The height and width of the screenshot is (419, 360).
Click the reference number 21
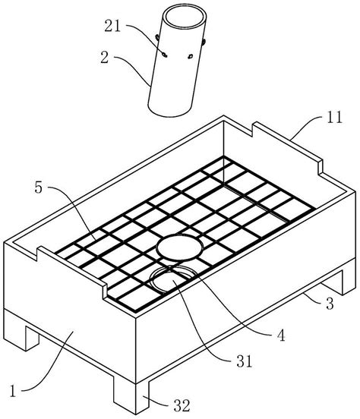point(112,26)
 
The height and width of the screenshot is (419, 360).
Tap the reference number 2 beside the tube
point(105,57)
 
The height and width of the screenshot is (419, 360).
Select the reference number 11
point(333,117)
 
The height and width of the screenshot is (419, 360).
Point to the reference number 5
point(39,187)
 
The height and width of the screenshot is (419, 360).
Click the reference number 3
point(330,304)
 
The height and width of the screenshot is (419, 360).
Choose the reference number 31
point(245,361)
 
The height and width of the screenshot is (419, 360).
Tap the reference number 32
point(182,405)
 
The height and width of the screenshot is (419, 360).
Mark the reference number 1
point(13,391)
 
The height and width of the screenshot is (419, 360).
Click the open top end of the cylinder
point(185,17)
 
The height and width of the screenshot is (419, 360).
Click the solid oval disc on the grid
point(179,247)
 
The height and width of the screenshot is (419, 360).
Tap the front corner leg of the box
point(131,395)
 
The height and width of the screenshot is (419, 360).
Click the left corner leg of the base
point(32,338)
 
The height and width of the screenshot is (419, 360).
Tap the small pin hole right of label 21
point(191,56)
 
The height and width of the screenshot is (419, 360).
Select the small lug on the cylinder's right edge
point(204,42)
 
